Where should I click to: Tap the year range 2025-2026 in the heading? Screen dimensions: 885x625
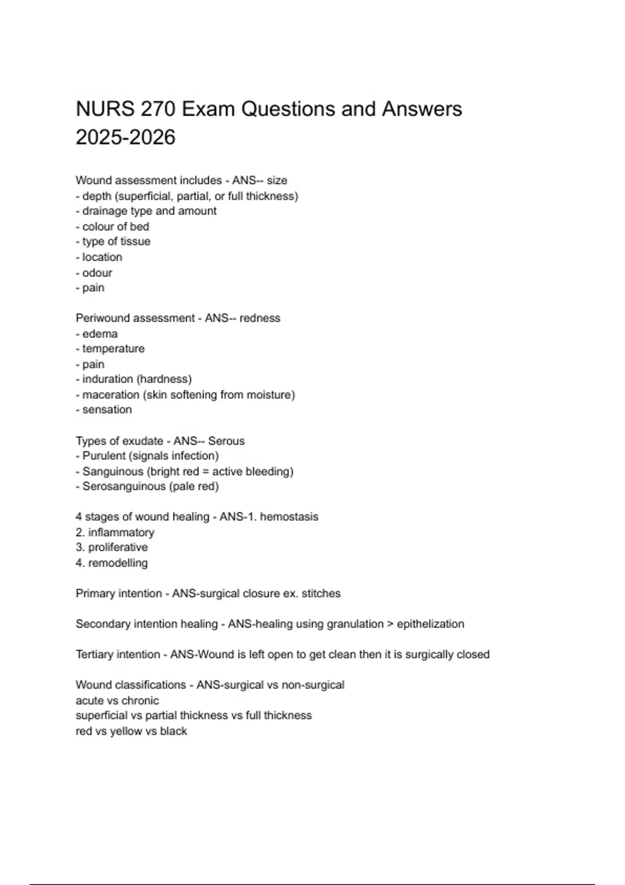tap(126, 137)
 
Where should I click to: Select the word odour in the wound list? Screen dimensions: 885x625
tap(97, 273)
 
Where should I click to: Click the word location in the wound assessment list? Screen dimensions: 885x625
tap(102, 257)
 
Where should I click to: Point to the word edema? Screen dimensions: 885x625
tap(100, 334)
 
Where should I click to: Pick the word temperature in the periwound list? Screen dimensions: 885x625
tap(114, 349)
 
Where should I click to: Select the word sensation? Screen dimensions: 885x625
tap(107, 410)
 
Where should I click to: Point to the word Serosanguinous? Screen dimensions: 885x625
tap(123, 486)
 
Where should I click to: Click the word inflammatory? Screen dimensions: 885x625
tap(121, 533)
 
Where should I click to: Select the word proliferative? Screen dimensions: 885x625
tap(118, 547)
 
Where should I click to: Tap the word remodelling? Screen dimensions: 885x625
tap(118, 563)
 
